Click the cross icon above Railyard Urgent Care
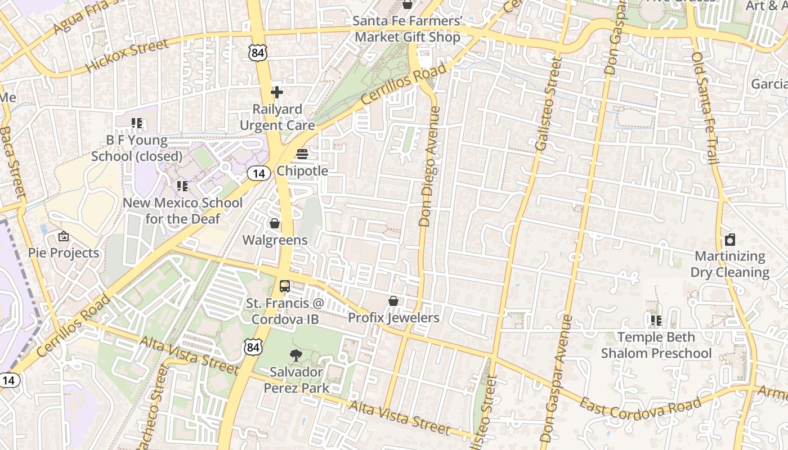(277, 92)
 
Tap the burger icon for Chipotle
(302, 154)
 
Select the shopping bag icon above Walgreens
(275, 224)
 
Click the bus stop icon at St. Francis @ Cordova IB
(285, 286)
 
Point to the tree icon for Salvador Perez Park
(294, 355)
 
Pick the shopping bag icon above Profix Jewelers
(393, 301)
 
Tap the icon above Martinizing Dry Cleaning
(730, 240)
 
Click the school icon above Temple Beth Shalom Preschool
(656, 321)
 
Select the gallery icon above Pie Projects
(64, 236)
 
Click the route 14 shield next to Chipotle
(258, 174)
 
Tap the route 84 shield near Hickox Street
(257, 53)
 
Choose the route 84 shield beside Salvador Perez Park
(253, 348)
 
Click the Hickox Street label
(127, 56)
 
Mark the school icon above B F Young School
(137, 123)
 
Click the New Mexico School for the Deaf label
(182, 211)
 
